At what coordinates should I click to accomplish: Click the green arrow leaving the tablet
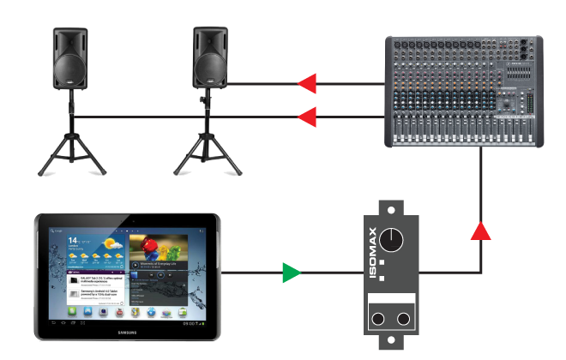point(292,273)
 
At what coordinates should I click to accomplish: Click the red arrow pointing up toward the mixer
point(482,230)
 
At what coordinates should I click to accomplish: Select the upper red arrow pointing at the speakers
point(306,83)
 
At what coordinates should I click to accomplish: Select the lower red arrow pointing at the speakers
point(306,116)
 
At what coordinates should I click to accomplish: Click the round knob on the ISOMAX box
point(393,241)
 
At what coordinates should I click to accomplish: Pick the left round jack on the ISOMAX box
point(377,320)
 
